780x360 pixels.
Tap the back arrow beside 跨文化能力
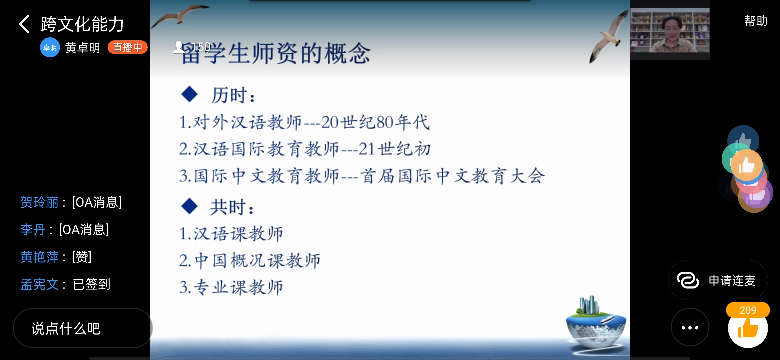point(24,24)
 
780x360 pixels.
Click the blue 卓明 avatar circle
point(50,48)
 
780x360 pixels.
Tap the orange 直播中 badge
point(127,47)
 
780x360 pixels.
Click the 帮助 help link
point(756,21)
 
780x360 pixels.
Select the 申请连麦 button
point(718,280)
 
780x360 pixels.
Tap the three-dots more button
point(690,328)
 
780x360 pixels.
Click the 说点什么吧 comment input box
point(83,328)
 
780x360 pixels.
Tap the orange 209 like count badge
point(748,310)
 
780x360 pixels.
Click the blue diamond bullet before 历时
point(189,94)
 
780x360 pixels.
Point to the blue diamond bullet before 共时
point(189,206)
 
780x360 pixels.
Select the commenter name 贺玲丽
point(39,202)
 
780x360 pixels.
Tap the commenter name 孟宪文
point(39,284)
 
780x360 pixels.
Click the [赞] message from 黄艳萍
point(82,257)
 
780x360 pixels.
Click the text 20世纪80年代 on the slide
point(375,122)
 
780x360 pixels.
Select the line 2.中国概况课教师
point(250,260)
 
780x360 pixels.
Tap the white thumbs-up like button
point(748,328)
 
